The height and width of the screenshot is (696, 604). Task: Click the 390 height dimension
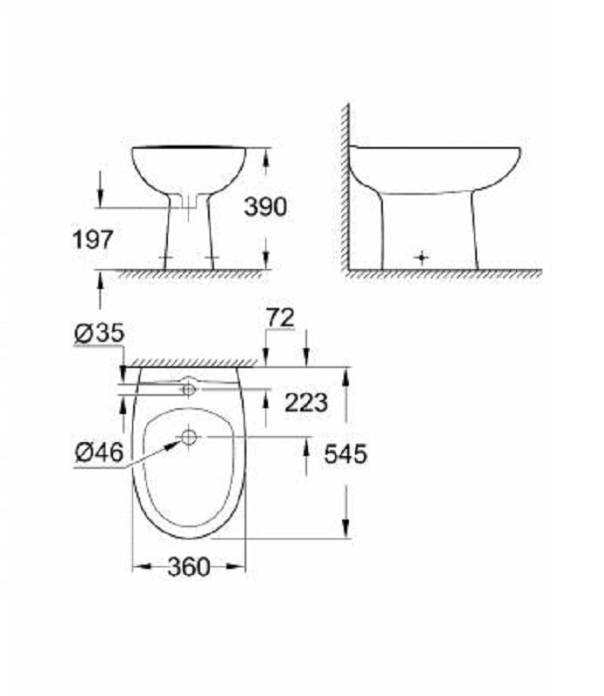coord(265,207)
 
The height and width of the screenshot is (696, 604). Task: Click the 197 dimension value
coord(93,240)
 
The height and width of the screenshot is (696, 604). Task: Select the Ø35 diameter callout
coord(99,333)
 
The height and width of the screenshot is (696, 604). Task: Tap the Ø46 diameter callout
coord(99,452)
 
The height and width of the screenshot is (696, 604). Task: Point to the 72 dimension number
coord(280,318)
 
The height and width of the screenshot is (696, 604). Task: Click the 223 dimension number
coord(306,403)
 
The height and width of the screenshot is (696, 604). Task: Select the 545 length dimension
coord(346,454)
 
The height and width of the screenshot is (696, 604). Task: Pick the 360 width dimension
coord(188,567)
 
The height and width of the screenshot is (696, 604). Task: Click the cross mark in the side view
coord(422,257)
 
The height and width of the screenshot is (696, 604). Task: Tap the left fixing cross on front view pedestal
coord(166,258)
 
